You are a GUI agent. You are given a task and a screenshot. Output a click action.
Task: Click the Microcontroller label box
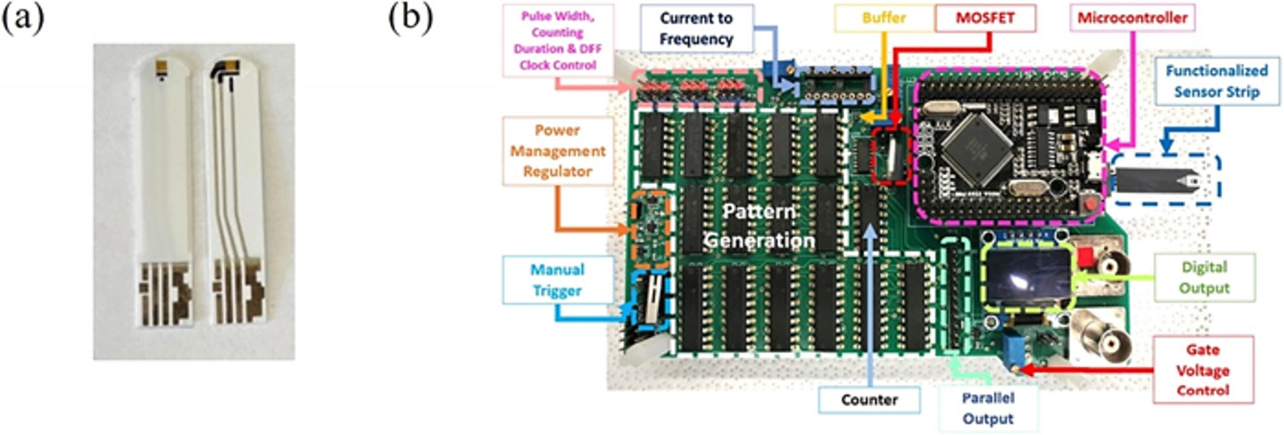[1132, 18]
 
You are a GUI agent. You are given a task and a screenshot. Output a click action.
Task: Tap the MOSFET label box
[985, 18]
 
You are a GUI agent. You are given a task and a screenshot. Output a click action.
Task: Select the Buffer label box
[884, 18]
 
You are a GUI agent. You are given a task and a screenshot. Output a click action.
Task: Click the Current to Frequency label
[696, 29]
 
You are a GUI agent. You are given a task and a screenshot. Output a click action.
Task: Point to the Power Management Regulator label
[558, 151]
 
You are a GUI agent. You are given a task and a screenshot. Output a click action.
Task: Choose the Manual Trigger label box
[558, 280]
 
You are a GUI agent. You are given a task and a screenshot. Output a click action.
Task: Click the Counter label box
[869, 400]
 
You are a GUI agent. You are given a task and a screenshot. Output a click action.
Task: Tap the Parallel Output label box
[988, 408]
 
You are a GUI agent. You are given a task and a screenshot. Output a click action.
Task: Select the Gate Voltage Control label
[1203, 370]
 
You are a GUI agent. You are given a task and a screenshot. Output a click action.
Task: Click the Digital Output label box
[1204, 277]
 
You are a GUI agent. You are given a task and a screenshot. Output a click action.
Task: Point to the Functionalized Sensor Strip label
[1217, 81]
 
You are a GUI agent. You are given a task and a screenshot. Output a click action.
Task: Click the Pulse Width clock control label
[558, 41]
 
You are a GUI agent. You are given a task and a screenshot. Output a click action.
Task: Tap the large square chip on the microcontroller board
[977, 148]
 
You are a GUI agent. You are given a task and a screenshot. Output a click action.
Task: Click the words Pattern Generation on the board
[759, 226]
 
